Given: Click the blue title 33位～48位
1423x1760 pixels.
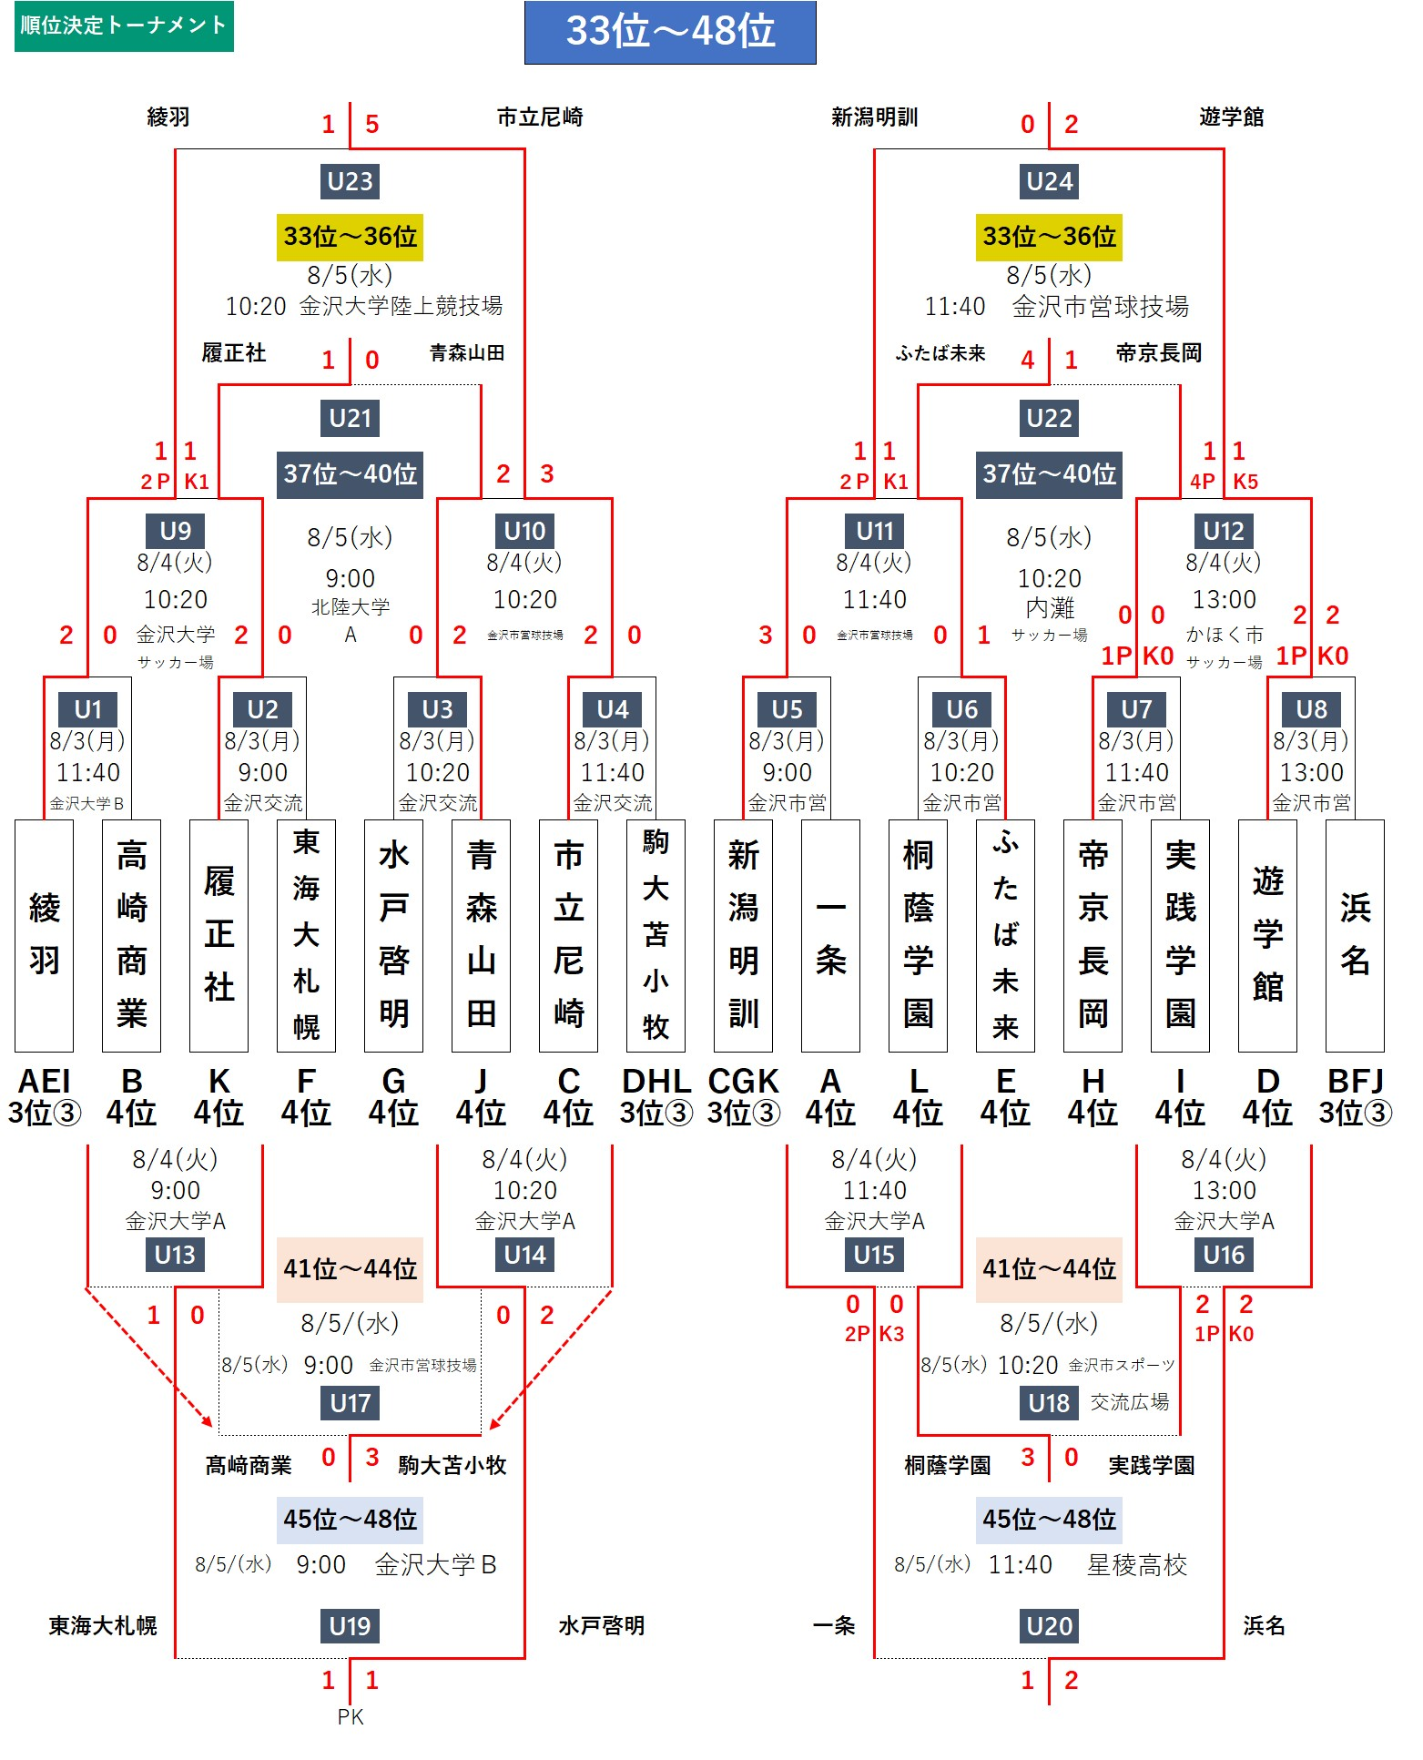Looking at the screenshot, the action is click(670, 32).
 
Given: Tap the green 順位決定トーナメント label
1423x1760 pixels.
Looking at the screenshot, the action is click(124, 25).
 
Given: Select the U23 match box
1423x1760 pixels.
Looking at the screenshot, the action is click(350, 181).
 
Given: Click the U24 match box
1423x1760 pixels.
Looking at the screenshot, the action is click(1050, 181).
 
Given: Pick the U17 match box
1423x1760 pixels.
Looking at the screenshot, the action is click(350, 1403).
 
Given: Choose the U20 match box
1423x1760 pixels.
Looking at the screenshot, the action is click(1050, 1626).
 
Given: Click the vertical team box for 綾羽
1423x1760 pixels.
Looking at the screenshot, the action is click(44, 936).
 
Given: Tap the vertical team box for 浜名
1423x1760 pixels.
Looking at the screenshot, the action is click(1355, 936).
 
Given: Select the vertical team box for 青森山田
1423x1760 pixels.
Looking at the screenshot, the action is click(481, 936).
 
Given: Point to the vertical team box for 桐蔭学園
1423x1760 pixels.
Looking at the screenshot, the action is click(918, 936).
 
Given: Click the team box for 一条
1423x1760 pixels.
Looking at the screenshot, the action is click(830, 936).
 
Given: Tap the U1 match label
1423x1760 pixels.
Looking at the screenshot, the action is click(88, 708).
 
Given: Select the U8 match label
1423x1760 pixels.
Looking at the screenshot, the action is click(1311, 708).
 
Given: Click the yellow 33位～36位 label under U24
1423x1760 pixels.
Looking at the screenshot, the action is click(1050, 237).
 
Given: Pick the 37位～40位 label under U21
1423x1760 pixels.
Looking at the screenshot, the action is click(350, 474).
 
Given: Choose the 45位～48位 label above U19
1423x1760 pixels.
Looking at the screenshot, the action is click(350, 1520).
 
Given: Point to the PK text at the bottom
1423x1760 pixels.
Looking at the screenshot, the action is click(350, 1717).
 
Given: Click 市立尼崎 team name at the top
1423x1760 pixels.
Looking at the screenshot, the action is click(540, 117).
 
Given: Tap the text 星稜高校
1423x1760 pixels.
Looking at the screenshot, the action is click(1137, 1565).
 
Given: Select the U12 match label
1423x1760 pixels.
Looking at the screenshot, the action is click(1224, 531).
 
